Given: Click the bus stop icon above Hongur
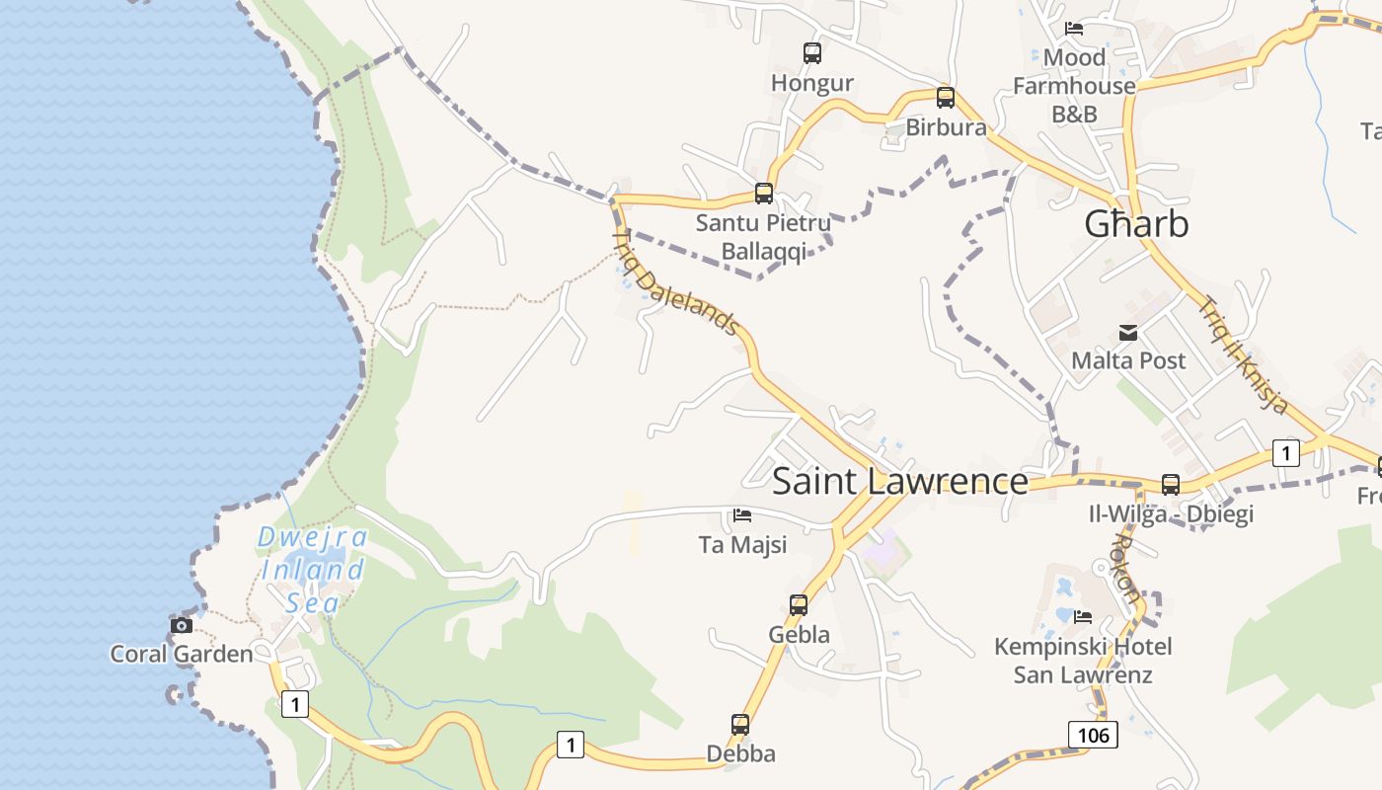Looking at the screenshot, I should (812, 53).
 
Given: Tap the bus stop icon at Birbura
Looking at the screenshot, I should (946, 98).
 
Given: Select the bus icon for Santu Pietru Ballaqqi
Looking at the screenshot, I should (764, 194).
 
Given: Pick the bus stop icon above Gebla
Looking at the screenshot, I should (799, 605).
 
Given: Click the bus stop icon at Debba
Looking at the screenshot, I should (740, 725).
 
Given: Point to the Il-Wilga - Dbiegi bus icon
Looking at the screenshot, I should (1171, 485).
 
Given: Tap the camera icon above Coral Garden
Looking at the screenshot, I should (182, 625).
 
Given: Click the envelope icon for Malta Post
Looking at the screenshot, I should (1128, 333).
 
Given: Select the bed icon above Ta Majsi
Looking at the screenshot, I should (742, 515).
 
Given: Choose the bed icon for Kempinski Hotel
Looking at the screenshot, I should (1083, 617).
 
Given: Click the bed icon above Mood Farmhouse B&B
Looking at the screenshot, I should (1074, 29).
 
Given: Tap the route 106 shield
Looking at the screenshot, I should (1093, 735).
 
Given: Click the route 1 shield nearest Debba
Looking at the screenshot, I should (570, 744).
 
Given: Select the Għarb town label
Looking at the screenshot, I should (1136, 224).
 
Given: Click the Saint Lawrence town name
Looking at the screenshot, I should (899, 482).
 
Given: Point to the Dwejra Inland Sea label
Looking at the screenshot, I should (312, 570).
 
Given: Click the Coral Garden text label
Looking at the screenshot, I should (182, 654).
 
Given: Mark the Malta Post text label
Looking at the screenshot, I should (1128, 360).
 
